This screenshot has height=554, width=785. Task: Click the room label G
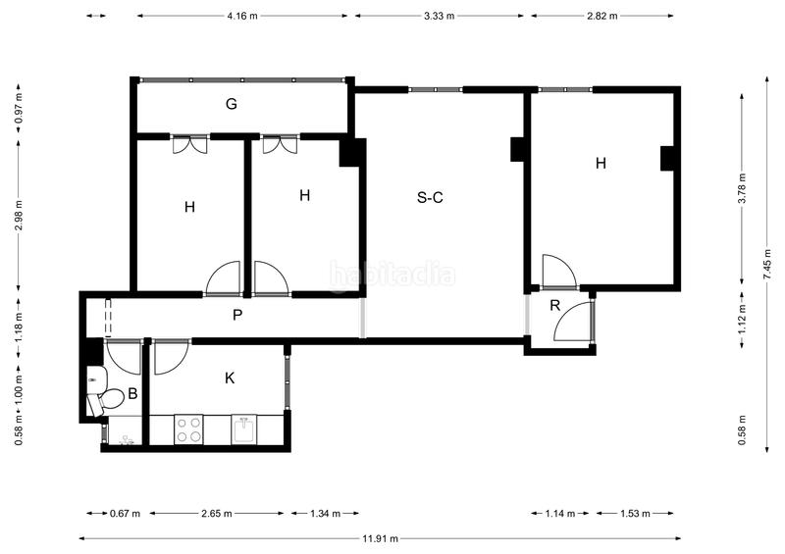pyautogui.click(x=232, y=104)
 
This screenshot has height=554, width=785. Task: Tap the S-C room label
pyautogui.click(x=431, y=198)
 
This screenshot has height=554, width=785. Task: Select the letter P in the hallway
pyautogui.click(x=236, y=315)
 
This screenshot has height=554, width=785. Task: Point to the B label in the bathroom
pyautogui.click(x=131, y=395)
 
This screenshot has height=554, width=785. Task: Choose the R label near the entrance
pyautogui.click(x=554, y=306)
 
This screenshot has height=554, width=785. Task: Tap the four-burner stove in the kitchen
pyautogui.click(x=188, y=429)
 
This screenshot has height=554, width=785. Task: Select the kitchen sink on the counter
pyautogui.click(x=245, y=429)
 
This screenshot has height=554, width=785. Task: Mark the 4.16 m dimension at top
pyautogui.click(x=243, y=16)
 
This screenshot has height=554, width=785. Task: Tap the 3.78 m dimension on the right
pyautogui.click(x=742, y=186)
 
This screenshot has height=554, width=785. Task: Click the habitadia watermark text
pyautogui.click(x=392, y=276)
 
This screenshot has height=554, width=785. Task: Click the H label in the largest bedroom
pyautogui.click(x=601, y=164)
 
